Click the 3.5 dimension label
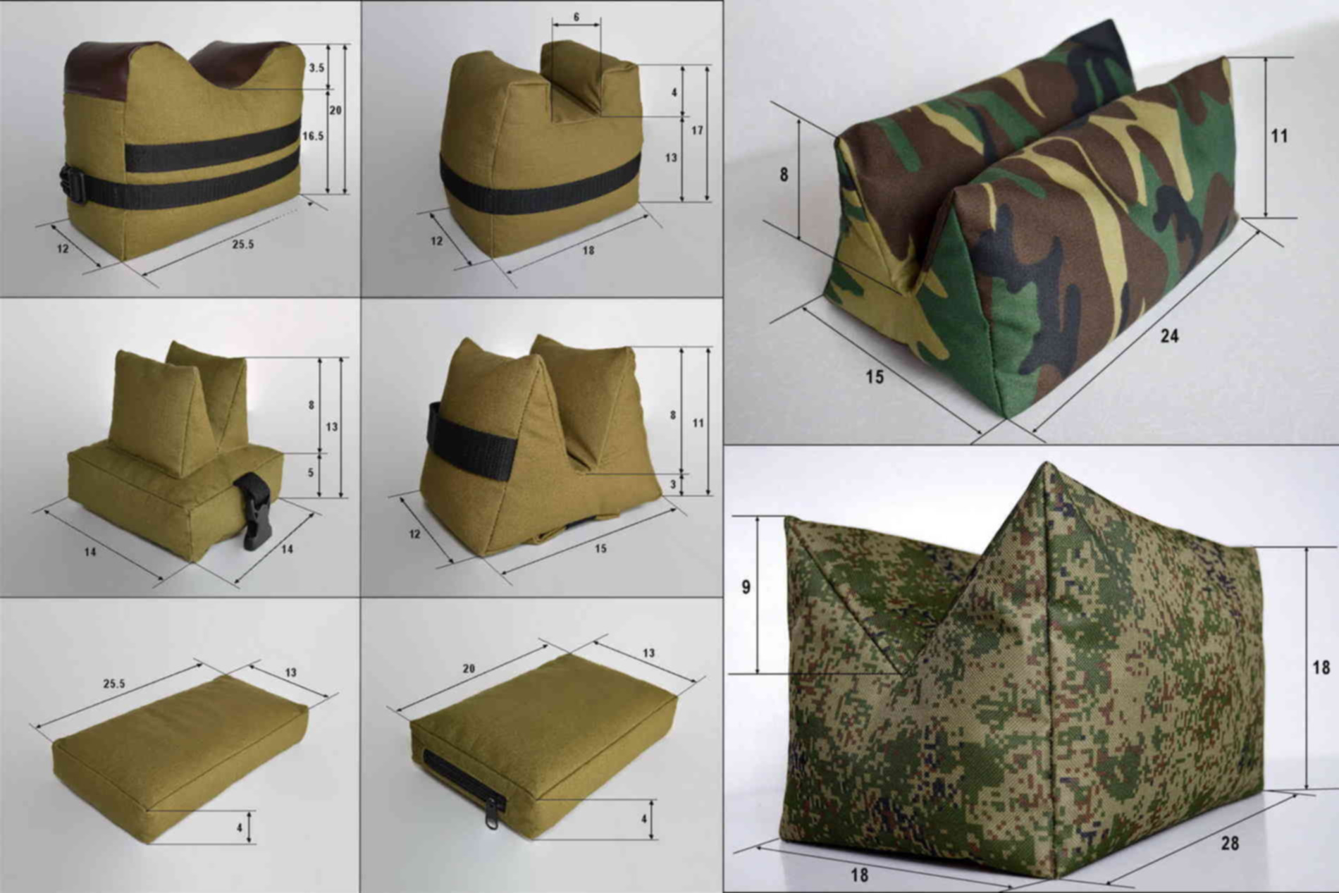316,68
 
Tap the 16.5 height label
313,136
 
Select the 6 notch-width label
576,17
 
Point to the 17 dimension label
697,130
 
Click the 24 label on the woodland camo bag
1169,336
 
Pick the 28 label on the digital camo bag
1230,843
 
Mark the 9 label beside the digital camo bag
746,586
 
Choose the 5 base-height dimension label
311,473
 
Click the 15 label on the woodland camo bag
875,377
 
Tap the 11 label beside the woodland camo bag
1279,136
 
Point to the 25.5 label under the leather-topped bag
242,245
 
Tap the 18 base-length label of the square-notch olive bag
588,250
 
